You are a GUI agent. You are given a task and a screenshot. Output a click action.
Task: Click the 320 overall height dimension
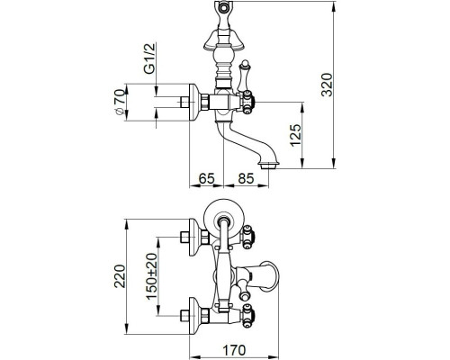point(327,85)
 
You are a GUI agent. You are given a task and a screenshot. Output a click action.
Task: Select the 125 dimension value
point(295,135)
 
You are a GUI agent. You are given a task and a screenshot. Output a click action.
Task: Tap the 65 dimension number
point(207,178)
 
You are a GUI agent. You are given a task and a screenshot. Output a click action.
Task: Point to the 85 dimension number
point(246,178)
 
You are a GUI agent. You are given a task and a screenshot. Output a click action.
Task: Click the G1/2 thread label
point(149,58)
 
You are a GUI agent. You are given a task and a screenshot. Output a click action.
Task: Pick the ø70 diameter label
point(120,102)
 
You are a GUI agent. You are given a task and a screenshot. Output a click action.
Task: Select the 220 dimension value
point(120,276)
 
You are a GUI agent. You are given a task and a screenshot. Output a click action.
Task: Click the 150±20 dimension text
point(152,276)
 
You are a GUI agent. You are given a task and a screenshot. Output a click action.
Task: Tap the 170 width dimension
point(234,350)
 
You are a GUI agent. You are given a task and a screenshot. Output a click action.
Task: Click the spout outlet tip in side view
point(269,165)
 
